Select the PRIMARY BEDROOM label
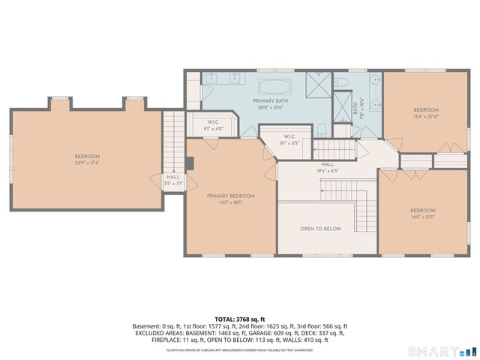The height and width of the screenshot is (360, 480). [231, 196]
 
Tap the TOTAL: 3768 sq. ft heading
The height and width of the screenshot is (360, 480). [239, 319]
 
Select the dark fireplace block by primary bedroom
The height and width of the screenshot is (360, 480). [190, 162]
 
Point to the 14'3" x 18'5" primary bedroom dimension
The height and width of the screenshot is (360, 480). [231, 202]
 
